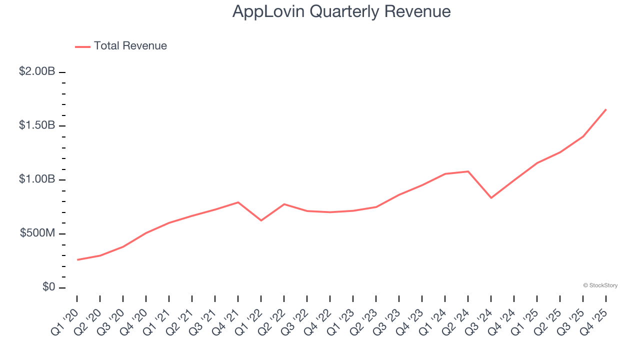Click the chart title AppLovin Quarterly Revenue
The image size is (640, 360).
click(x=341, y=11)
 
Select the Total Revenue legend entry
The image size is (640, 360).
click(x=121, y=46)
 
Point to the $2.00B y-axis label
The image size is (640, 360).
click(x=37, y=71)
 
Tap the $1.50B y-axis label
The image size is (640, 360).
click(x=37, y=125)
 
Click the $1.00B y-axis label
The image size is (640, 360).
click(x=37, y=179)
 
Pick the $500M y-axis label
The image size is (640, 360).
click(x=37, y=233)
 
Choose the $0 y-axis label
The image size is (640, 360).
click(x=48, y=287)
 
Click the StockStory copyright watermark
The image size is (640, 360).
click(x=600, y=285)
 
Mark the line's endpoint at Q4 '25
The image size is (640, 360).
click(x=606, y=109)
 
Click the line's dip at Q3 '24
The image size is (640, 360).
click(x=491, y=198)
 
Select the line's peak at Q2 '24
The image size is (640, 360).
click(x=468, y=171)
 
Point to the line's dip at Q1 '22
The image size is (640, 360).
click(x=261, y=220)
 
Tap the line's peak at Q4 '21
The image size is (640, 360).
click(x=238, y=202)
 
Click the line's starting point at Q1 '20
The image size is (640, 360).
click(x=77, y=260)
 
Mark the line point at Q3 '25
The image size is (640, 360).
click(x=583, y=136)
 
